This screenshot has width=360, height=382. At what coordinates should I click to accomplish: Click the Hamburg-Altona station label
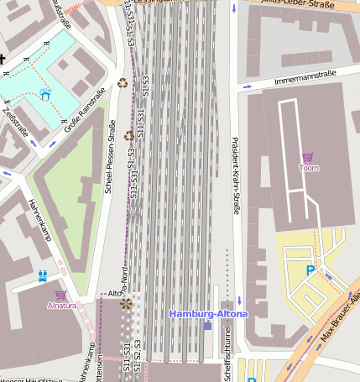(208, 313)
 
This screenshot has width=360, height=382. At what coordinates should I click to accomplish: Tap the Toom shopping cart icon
(308, 157)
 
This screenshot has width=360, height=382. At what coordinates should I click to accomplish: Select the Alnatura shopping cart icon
(60, 295)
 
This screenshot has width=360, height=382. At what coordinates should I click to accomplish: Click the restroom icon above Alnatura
(42, 275)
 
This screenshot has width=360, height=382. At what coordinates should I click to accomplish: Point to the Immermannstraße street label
(294, 79)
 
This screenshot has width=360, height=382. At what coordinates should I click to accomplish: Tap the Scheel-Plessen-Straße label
(109, 157)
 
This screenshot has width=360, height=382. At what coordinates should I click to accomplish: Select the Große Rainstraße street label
(85, 107)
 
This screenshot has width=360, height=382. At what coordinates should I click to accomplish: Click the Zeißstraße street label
(16, 120)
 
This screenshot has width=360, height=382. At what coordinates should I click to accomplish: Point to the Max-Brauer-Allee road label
(339, 318)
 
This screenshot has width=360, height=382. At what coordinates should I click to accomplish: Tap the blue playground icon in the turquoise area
(44, 94)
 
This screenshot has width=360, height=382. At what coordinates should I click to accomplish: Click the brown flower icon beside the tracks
(126, 304)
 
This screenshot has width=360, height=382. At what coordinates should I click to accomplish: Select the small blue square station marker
(207, 325)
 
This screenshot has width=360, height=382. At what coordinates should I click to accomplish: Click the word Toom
(309, 168)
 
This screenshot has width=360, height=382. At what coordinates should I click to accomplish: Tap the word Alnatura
(61, 306)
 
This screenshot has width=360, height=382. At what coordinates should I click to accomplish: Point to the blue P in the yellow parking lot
(310, 270)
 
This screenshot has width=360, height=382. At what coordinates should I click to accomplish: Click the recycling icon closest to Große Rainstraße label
(123, 83)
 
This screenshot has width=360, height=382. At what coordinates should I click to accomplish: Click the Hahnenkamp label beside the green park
(40, 220)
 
